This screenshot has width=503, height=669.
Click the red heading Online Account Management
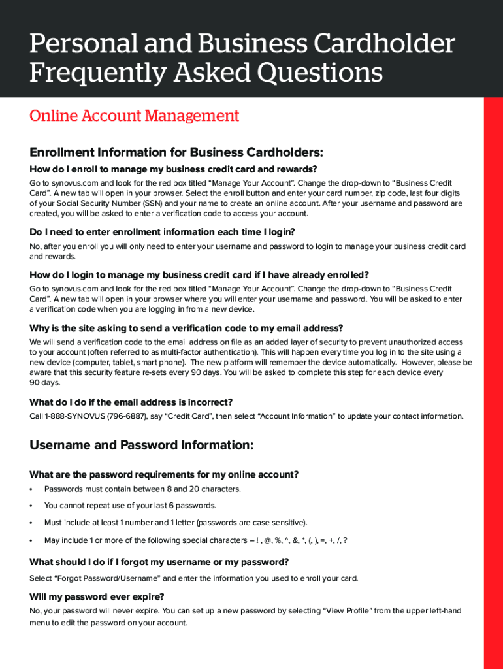coord(134,116)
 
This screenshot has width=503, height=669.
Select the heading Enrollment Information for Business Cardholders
coord(176,153)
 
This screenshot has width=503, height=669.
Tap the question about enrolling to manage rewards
coord(173,169)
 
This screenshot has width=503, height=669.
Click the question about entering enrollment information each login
coord(162,232)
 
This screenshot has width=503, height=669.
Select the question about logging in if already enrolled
coord(199,275)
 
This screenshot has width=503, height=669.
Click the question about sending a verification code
coord(186,328)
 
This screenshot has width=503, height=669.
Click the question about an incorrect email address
coord(131,402)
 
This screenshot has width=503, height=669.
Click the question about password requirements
coord(164,474)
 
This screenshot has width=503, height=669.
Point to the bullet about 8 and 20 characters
coord(142,489)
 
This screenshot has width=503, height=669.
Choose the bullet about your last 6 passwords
coord(130,506)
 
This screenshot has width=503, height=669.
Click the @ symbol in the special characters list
coord(267,540)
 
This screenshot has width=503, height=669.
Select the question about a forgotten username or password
coord(159,562)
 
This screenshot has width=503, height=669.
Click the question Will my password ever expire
coord(97,596)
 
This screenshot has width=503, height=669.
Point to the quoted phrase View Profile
coord(348,611)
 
